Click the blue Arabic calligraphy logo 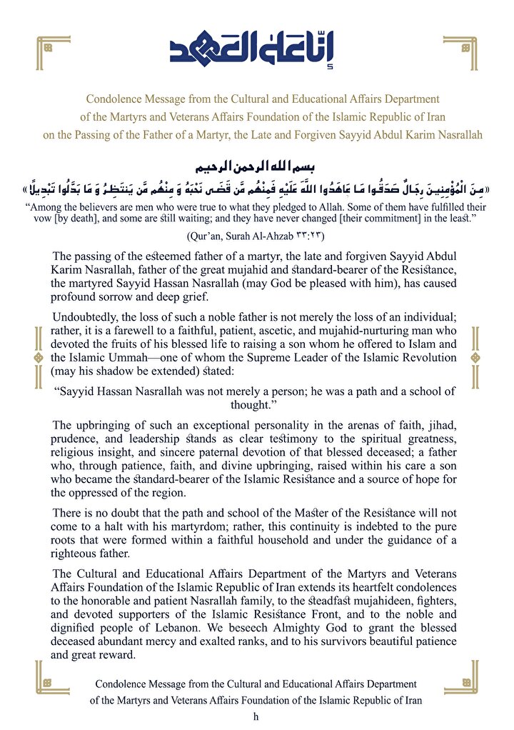click(x=256, y=48)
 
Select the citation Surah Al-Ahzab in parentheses click(x=256, y=235)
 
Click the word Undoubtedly click(x=83, y=318)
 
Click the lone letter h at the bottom click(x=256, y=716)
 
